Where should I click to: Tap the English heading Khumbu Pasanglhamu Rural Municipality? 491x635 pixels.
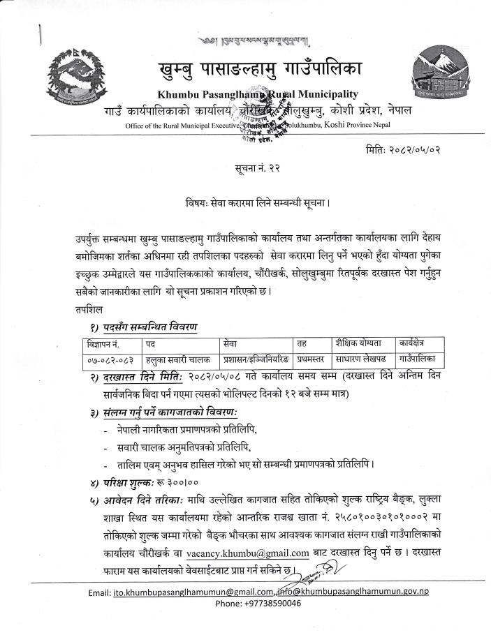pyautogui.click(x=257, y=94)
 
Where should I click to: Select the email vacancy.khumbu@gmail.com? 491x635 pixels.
pyautogui.click(x=248, y=553)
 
